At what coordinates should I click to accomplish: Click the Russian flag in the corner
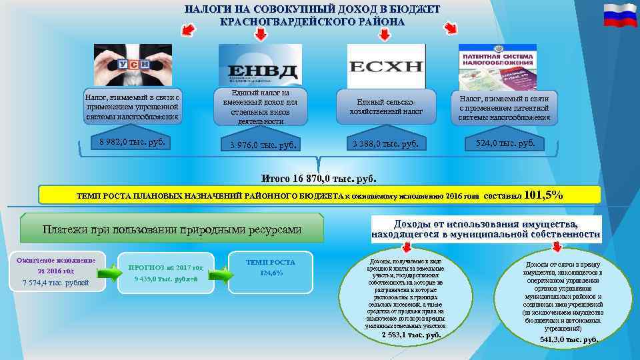[620, 15]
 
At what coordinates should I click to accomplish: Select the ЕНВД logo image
[260, 65]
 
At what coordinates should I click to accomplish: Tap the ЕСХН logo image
[385, 65]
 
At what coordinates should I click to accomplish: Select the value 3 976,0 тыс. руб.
[261, 145]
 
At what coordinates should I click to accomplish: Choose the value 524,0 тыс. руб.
[505, 143]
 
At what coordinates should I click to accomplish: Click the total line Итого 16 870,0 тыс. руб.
[319, 179]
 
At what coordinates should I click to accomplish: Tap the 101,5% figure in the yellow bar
[544, 195]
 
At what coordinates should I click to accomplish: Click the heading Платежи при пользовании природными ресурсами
[172, 229]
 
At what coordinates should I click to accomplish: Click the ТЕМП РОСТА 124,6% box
[271, 267]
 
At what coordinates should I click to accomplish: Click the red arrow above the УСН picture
[188, 30]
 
